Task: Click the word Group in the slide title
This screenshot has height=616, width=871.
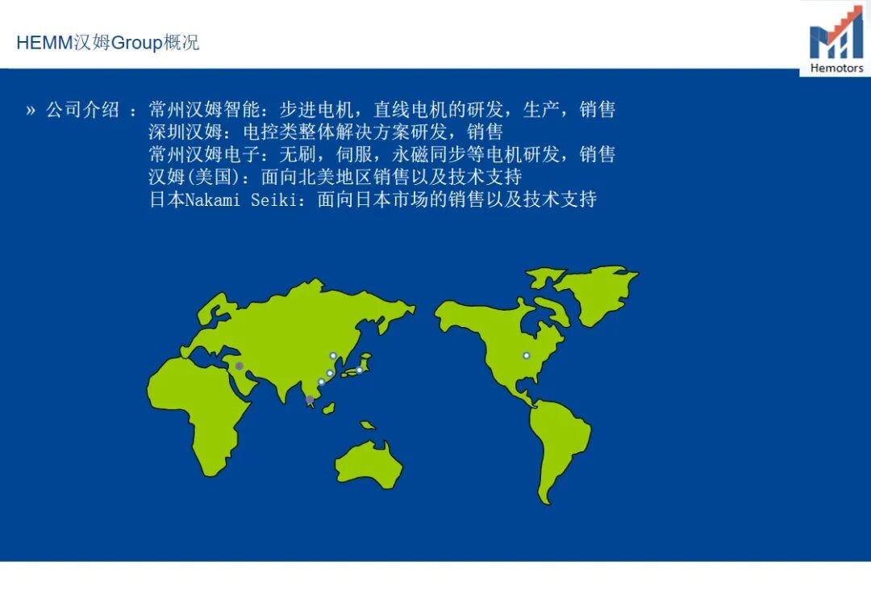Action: (x=136, y=43)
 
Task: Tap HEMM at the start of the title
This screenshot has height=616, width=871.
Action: (x=44, y=42)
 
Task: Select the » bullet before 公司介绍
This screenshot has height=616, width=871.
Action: (x=31, y=110)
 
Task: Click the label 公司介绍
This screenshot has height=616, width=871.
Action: (x=83, y=110)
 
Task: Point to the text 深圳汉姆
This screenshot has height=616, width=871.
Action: (x=185, y=132)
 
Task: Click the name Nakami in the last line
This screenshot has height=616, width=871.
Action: (x=212, y=199)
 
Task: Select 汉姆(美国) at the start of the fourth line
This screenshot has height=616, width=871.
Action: (x=195, y=177)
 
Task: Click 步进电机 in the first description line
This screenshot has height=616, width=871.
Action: (x=316, y=110)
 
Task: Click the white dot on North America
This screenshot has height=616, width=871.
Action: (x=526, y=356)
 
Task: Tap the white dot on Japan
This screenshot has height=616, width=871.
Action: (x=360, y=370)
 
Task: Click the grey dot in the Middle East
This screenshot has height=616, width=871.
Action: (x=239, y=366)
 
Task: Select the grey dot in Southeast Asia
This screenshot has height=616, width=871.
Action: (x=310, y=399)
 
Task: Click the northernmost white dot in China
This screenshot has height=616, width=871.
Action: (x=333, y=356)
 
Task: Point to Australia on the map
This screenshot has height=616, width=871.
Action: (x=369, y=464)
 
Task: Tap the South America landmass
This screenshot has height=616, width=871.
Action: (x=558, y=442)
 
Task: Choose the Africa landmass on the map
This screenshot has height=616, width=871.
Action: (x=200, y=412)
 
